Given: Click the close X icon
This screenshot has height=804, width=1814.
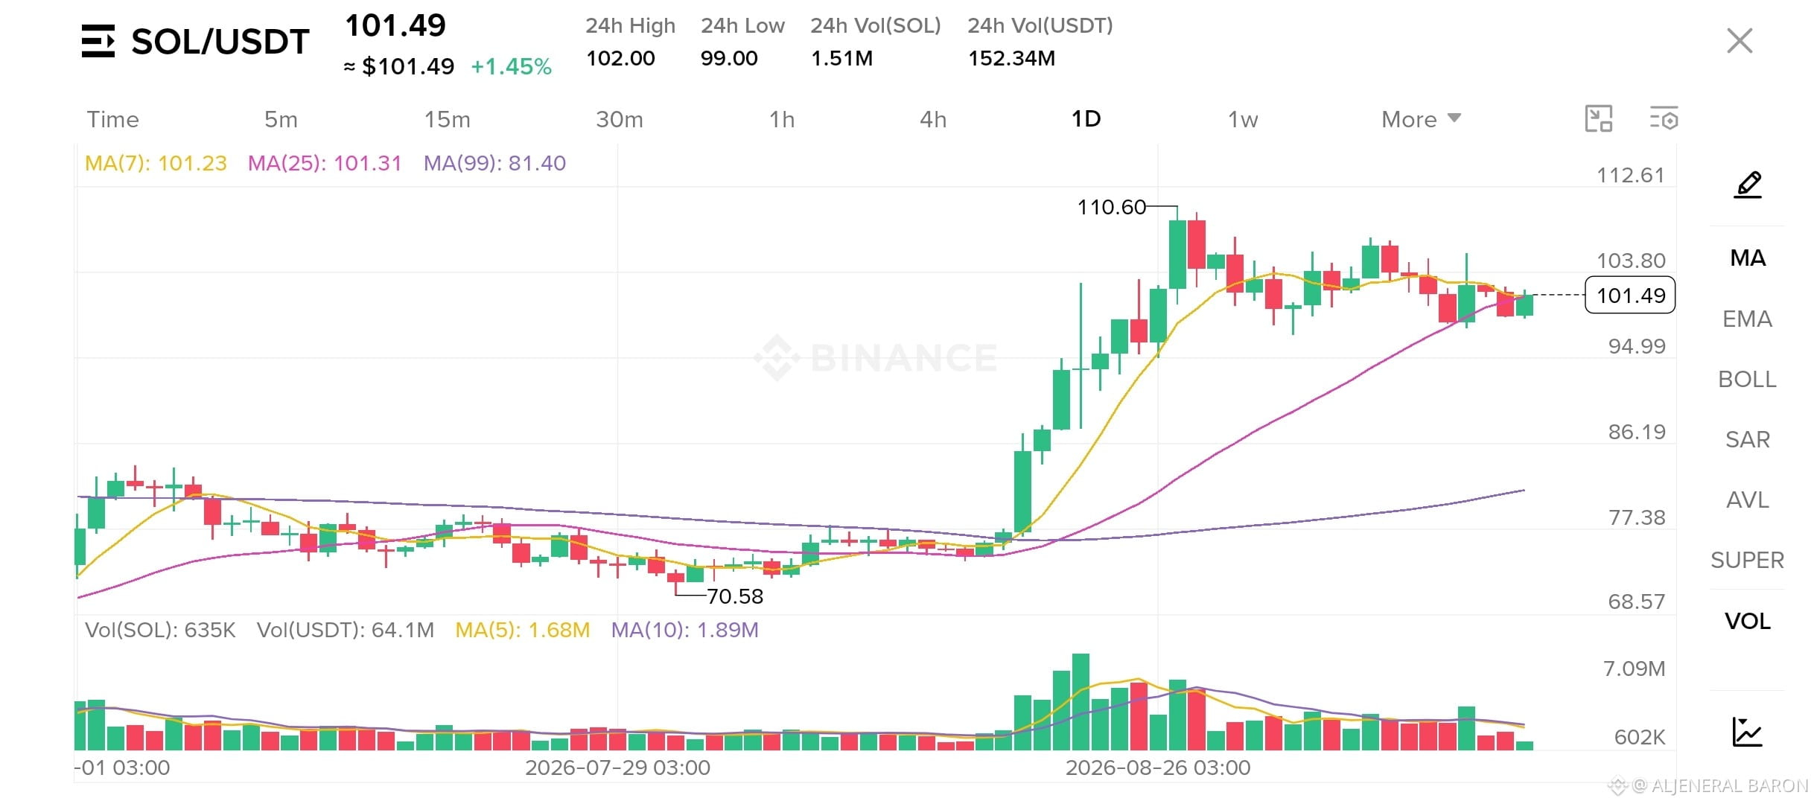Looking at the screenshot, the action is pos(1740,41).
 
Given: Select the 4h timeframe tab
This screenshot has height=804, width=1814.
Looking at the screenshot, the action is pos(933,119).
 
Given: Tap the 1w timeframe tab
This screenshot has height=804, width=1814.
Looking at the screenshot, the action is pos(1243,119).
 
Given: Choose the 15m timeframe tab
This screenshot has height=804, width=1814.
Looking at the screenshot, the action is pos(447,119).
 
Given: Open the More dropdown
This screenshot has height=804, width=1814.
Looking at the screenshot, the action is pos(1421,119).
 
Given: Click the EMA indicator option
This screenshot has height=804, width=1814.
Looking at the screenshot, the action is pos(1747,319).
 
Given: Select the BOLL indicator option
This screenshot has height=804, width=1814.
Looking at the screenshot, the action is pos(1747,379).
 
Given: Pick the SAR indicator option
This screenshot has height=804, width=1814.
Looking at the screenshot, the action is pos(1747,439).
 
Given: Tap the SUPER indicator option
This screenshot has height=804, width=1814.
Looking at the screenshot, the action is pos(1747,560).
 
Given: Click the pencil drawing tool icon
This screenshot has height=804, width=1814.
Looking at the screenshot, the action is pos(1748,185).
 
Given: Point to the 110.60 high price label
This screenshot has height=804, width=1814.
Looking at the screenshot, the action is pos(1112,207).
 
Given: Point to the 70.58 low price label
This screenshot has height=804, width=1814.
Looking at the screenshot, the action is pos(735,596).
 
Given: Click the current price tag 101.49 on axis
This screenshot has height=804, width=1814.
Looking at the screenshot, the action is pos(1630,296).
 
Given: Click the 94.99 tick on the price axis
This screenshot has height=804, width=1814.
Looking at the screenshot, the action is pos(1637,346).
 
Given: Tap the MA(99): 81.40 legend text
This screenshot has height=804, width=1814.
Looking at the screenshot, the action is pos(494,163).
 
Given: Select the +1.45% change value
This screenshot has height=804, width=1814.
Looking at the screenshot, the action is pos(511,67).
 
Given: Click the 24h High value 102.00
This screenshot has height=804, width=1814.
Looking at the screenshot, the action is pos(620,58).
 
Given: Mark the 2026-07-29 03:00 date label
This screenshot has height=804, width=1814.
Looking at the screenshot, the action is pos(617,768).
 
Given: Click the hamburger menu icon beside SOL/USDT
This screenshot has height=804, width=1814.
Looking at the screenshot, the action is pos(98,41).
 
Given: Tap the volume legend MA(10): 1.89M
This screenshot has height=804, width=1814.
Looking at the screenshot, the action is pos(684,630).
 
